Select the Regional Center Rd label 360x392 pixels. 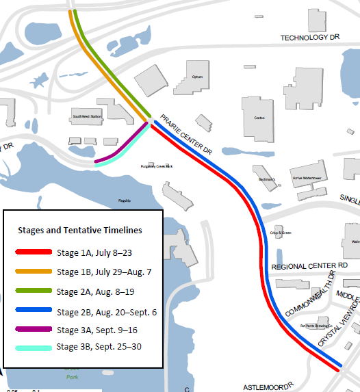(x=310, y=265)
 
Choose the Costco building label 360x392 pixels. (x=259, y=118)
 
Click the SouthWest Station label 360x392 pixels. (x=87, y=117)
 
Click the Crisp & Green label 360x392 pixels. (x=280, y=233)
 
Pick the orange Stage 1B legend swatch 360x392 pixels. (x=34, y=272)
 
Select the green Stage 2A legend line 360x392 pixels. (x=34, y=291)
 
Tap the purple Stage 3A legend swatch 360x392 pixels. (x=34, y=330)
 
